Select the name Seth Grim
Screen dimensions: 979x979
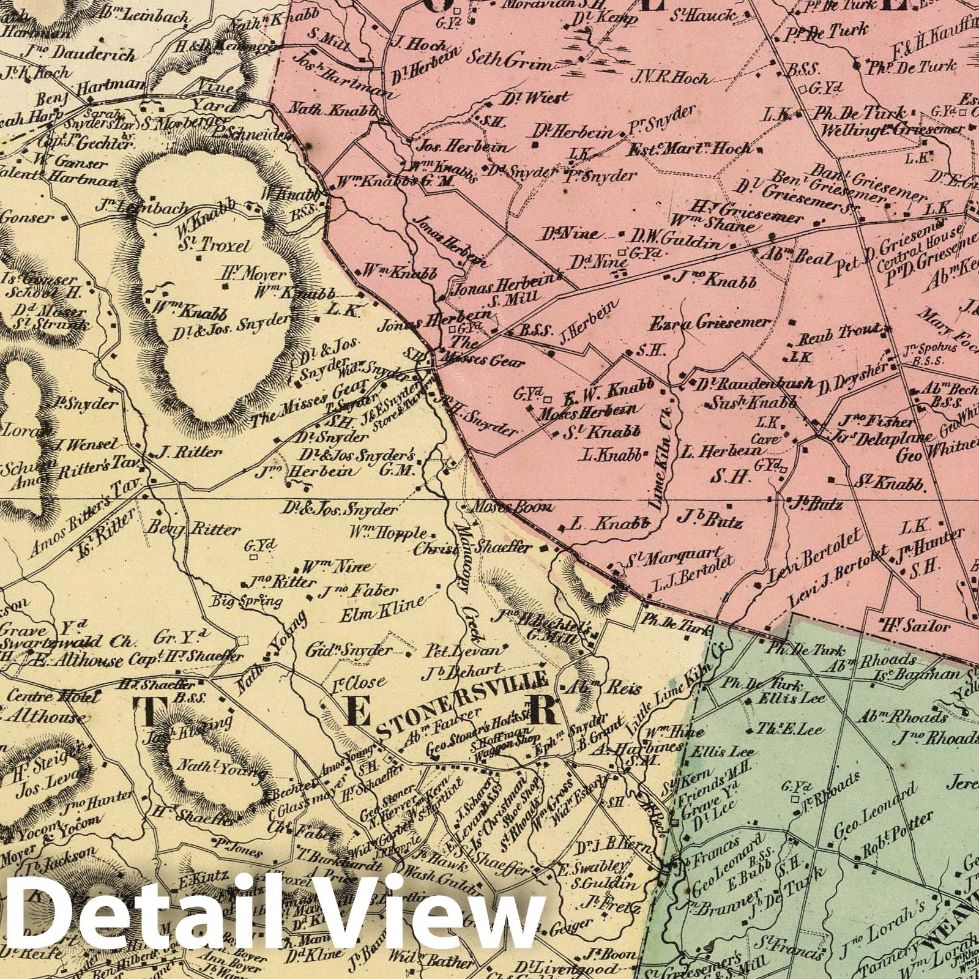click(508, 62)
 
